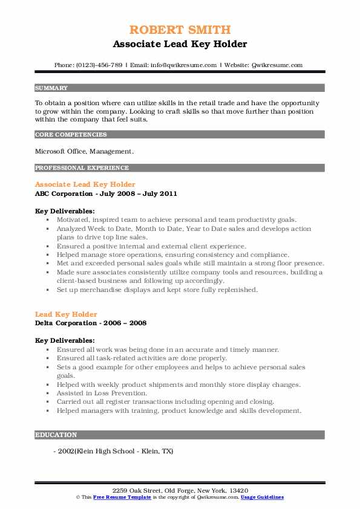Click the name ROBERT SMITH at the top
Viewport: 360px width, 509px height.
point(180,30)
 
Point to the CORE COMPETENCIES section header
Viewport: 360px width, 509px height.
point(71,135)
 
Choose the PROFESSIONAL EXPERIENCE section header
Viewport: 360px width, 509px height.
point(82,168)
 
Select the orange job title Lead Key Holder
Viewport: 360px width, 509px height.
point(66,314)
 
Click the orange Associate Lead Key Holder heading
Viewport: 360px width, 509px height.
point(85,184)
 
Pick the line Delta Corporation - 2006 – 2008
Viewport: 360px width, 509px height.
point(91,323)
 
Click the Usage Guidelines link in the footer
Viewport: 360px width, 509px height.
point(262,497)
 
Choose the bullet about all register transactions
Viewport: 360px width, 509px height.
point(165,401)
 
